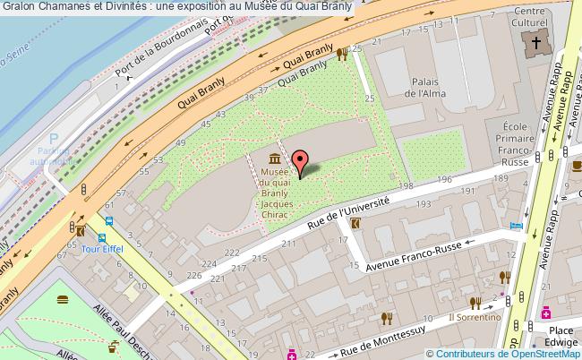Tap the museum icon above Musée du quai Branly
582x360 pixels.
[273, 158]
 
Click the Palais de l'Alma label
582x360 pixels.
[426, 86]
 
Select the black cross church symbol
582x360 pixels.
[537, 42]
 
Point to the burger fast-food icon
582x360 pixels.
[63, 299]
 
